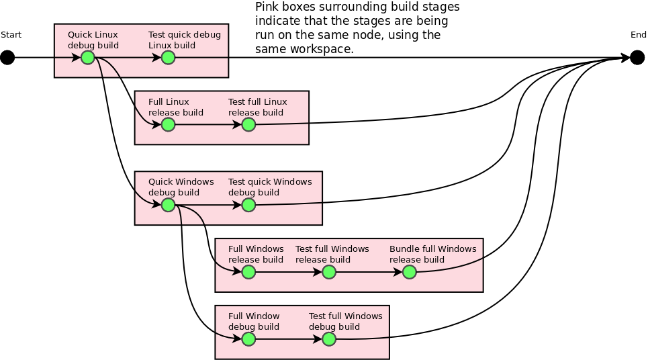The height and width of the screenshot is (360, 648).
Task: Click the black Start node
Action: (7, 58)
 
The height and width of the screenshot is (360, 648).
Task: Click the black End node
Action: (638, 58)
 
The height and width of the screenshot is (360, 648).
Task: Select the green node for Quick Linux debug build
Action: (88, 58)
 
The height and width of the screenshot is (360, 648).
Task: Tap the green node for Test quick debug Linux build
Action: (169, 58)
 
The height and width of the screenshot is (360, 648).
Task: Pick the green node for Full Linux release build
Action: (169, 125)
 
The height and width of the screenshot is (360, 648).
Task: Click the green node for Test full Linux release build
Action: (248, 125)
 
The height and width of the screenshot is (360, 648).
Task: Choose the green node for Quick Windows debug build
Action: (169, 205)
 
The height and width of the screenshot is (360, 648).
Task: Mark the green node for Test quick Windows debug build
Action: (248, 205)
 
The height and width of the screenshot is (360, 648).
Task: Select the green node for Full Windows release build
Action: (248, 272)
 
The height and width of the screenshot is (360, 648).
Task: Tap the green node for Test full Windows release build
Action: (329, 272)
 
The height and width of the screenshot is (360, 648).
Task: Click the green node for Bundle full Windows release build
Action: (410, 272)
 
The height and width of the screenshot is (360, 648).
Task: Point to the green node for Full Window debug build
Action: (248, 339)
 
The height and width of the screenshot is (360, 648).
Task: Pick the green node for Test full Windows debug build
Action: (329, 339)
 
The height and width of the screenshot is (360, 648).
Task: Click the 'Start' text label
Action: (11, 35)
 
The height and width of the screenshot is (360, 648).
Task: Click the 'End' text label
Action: (638, 35)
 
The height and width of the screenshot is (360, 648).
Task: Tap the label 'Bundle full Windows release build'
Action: (432, 255)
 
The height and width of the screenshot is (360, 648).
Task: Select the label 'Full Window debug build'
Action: (254, 322)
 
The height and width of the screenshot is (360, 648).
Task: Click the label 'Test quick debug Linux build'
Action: (184, 40)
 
